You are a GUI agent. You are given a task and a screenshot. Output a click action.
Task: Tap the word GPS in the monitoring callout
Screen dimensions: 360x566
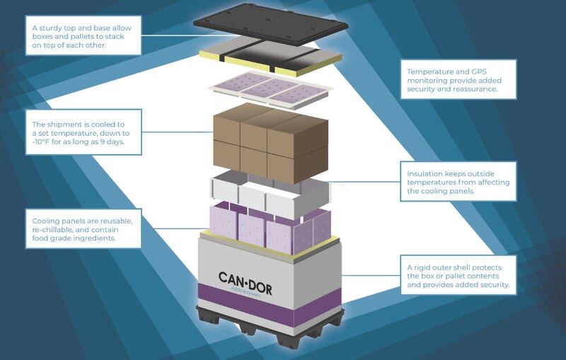click(x=479, y=71)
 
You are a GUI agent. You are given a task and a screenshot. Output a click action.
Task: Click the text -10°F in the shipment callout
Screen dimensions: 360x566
click(x=45, y=141)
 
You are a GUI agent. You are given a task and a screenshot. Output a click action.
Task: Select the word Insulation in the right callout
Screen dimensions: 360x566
click(x=427, y=173)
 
